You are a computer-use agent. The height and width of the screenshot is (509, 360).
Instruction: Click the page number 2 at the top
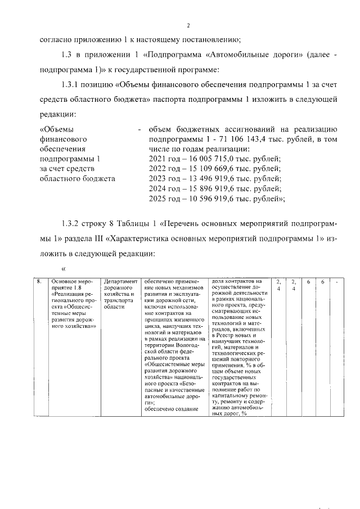coord(188,25)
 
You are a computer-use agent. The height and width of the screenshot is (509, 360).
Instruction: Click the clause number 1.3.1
coord(71,84)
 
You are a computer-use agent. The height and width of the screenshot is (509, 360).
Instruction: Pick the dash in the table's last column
coord(336,281)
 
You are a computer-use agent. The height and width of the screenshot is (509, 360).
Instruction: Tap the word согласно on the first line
coord(58,39)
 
